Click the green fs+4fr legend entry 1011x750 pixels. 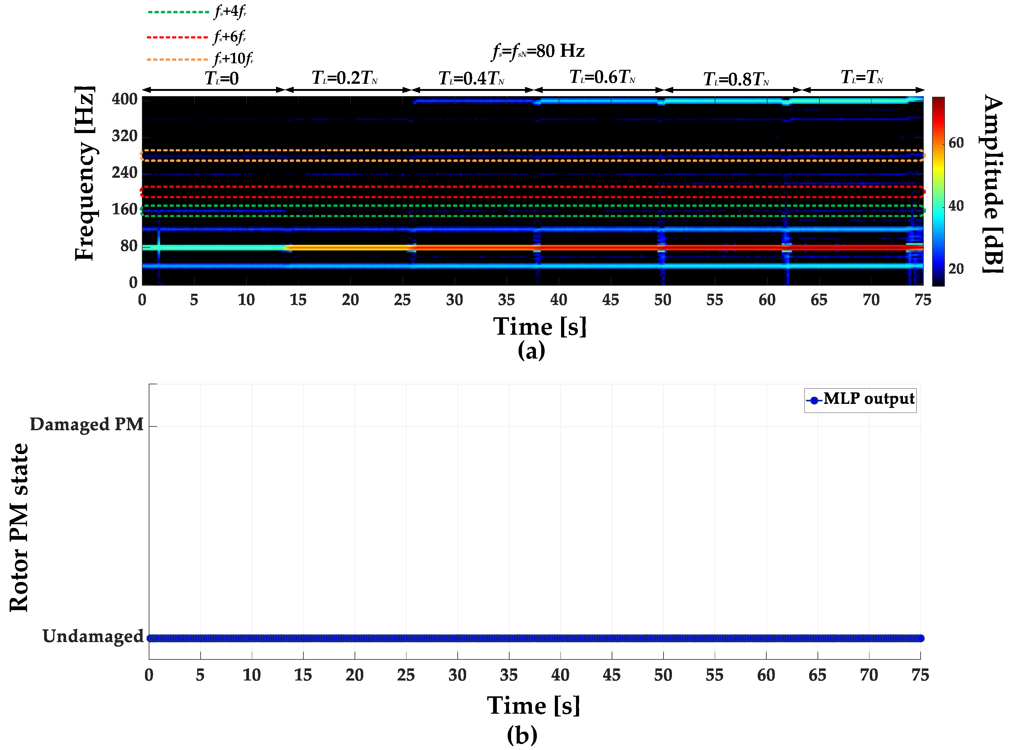click(198, 11)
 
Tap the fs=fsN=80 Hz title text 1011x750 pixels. click(538, 51)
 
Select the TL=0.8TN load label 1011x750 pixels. click(736, 79)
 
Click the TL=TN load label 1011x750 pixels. click(862, 77)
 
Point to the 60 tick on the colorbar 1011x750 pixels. click(956, 143)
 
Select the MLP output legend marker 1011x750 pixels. click(814, 400)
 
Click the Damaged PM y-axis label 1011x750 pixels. click(86, 425)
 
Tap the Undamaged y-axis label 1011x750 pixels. click(93, 636)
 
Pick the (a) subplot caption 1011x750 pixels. click(531, 350)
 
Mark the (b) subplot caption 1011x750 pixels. click(522, 734)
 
